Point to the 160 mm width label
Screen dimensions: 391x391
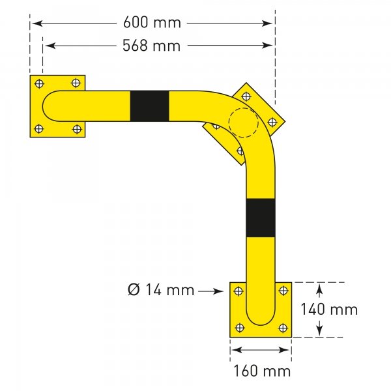261,371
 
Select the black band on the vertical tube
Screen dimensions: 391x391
261,218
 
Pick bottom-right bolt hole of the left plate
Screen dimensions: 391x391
77,128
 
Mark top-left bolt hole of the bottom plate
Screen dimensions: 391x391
239,291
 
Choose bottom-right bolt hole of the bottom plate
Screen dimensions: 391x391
282,328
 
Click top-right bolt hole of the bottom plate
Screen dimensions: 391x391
282,291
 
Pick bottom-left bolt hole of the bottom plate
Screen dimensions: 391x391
239,328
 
